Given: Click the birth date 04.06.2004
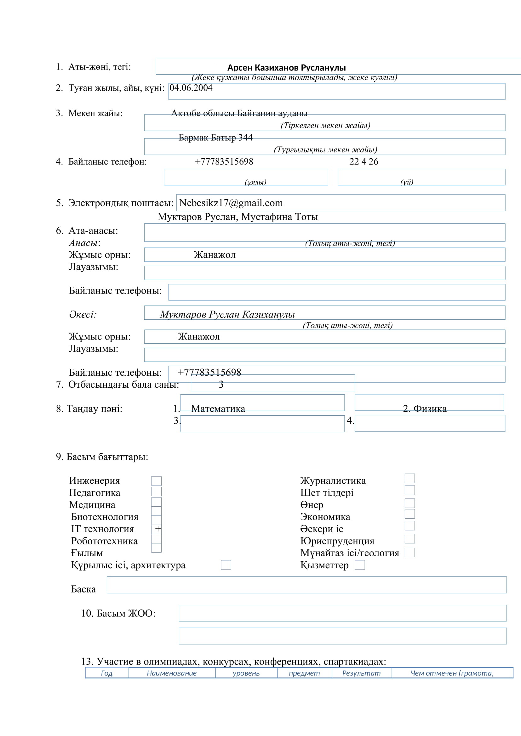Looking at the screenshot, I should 191,88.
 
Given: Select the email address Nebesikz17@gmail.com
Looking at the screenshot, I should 231,203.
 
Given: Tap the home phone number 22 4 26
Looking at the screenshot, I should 364,161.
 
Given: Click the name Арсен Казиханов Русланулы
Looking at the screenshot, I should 286,68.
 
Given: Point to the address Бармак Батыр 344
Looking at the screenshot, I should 215,138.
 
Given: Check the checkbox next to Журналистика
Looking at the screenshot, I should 409,478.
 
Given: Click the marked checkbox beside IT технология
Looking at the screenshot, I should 157,529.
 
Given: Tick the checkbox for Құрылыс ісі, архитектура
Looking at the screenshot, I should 226,565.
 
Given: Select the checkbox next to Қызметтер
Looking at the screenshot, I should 360,565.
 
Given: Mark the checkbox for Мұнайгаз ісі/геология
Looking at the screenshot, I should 409,553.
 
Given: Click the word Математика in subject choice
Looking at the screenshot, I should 218,409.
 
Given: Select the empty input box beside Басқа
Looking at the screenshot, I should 306,585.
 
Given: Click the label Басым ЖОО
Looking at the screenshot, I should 118,613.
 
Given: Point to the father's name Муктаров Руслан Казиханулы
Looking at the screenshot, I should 227,314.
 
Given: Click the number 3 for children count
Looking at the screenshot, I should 221,384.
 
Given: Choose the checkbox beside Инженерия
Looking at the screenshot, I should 157,481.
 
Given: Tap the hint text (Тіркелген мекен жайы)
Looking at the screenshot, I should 325,125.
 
